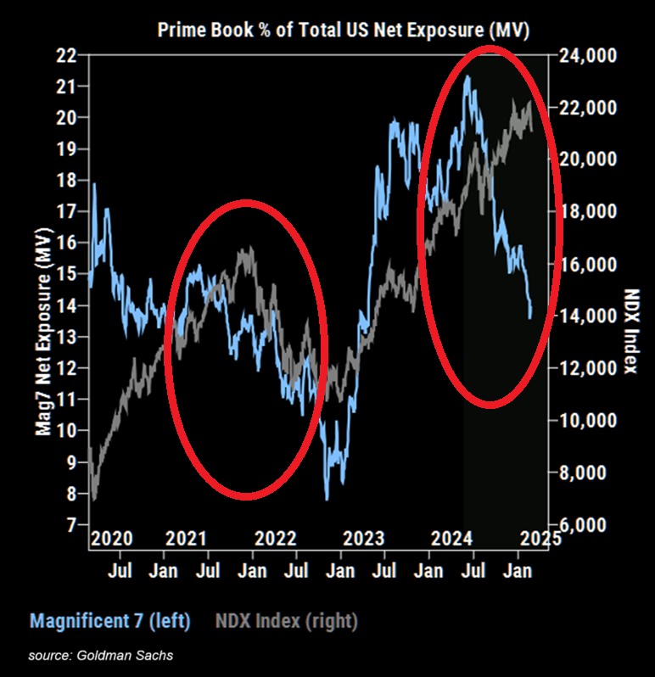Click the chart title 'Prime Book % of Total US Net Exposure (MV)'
click(x=344, y=31)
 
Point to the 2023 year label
click(x=362, y=539)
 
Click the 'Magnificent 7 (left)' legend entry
click(x=110, y=621)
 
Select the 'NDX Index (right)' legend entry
click(x=287, y=621)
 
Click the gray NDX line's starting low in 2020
click(x=94, y=499)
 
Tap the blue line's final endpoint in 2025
click(x=530, y=317)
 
